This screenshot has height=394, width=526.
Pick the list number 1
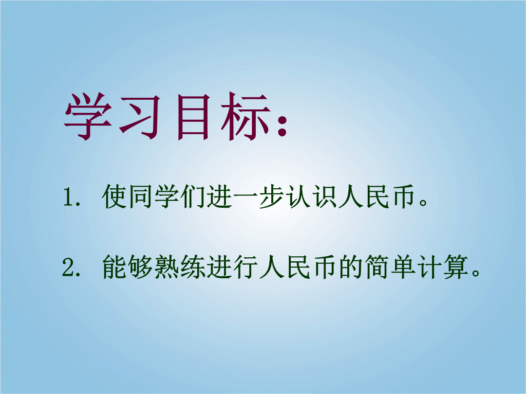pyautogui.click(x=69, y=197)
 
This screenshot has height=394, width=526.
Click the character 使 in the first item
pyautogui.click(x=114, y=197)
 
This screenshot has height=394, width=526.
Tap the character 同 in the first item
pyautogui.click(x=141, y=197)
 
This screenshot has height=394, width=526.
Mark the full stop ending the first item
pyautogui.click(x=424, y=202)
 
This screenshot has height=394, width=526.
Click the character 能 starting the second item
pyautogui.click(x=114, y=267)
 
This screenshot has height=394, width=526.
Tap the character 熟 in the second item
pyautogui.click(x=167, y=267)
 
